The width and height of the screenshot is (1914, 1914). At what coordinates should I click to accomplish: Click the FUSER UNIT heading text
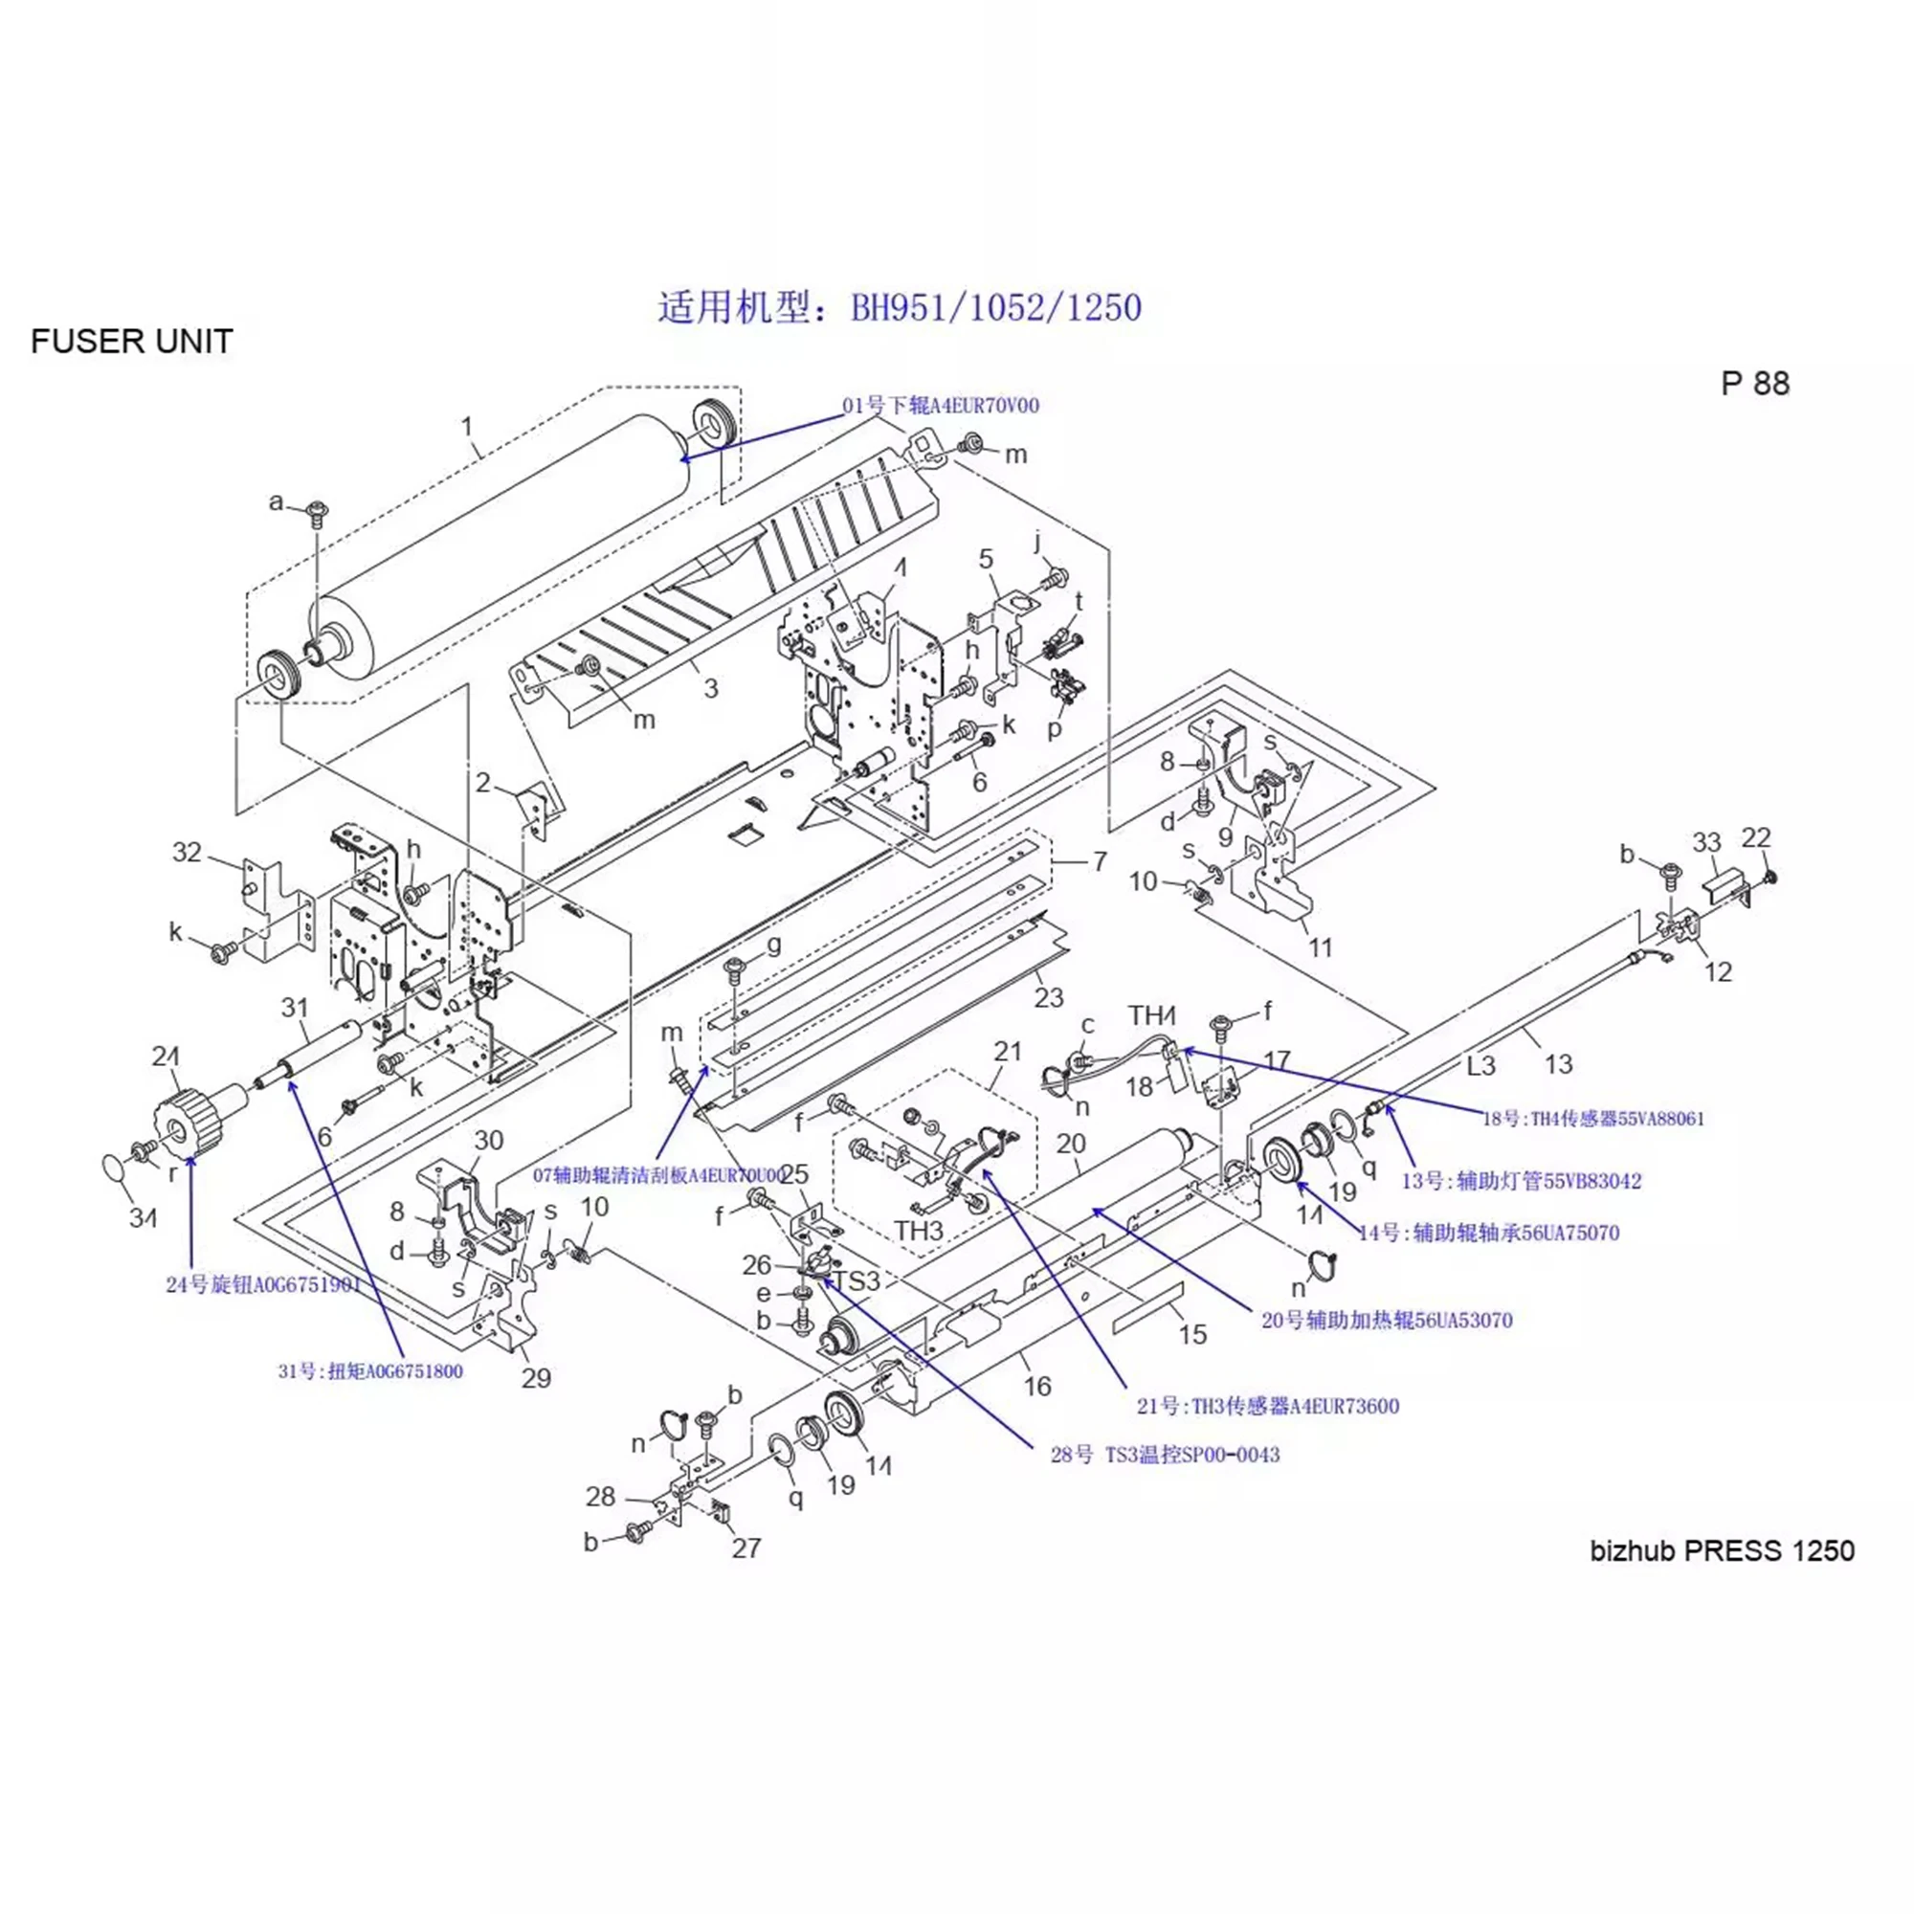132,341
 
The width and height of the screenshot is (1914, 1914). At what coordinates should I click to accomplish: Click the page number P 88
1754,384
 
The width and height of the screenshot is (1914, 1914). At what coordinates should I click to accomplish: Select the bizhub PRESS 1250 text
1722,1549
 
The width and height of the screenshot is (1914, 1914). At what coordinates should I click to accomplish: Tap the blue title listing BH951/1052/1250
900,307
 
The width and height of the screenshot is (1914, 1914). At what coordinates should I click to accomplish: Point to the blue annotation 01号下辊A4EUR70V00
940,405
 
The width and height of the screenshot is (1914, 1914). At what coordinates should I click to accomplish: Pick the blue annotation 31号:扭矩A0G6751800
370,1371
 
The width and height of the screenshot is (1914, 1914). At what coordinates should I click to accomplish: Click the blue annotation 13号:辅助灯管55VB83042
1521,1181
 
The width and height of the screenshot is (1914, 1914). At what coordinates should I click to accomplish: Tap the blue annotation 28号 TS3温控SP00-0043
1165,1455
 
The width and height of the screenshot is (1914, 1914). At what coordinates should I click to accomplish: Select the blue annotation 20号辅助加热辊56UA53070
1386,1320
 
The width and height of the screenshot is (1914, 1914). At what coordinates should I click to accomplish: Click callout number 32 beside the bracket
188,852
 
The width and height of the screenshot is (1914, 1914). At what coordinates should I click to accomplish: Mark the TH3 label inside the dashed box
919,1231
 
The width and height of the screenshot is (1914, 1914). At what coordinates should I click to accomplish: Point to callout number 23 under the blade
1048,996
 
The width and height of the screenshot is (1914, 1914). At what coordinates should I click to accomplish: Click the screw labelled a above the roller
317,511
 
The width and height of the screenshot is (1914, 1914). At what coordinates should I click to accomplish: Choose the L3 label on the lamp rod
1480,1066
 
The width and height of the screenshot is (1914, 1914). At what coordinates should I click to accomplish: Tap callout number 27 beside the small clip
746,1547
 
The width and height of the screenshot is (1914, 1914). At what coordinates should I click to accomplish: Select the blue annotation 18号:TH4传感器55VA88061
1593,1119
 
